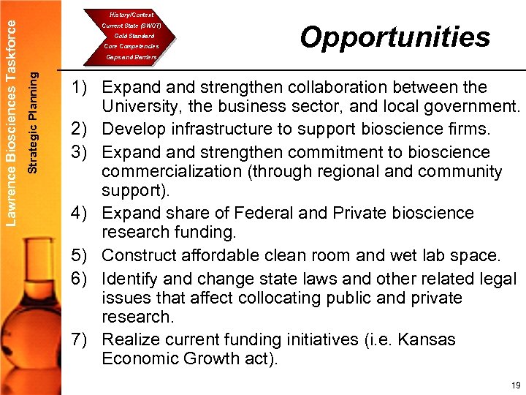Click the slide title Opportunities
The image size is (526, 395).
pos(394,37)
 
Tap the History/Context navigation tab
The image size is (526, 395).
pos(131,15)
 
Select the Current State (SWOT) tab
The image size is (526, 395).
pos(131,26)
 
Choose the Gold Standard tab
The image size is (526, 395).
pos(131,36)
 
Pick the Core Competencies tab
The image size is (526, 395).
pos(131,46)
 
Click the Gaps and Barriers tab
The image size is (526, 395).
pos(131,56)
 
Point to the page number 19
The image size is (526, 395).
pos(516,385)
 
